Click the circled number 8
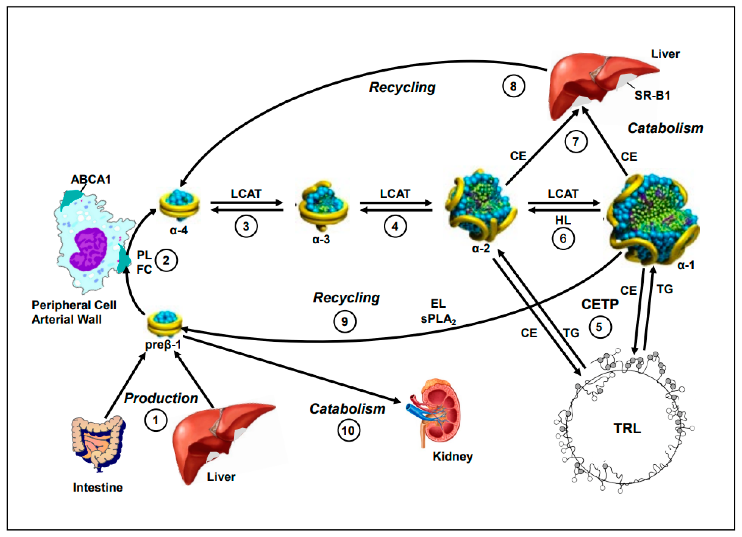pos(513,86)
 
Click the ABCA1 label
pos(91,180)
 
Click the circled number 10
pos(348,431)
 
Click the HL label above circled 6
pos(563,220)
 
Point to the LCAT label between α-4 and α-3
pos(246,194)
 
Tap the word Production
pos(161,398)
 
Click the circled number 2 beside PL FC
pos(166,261)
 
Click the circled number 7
pos(576,141)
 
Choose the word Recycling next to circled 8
pos(402,87)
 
